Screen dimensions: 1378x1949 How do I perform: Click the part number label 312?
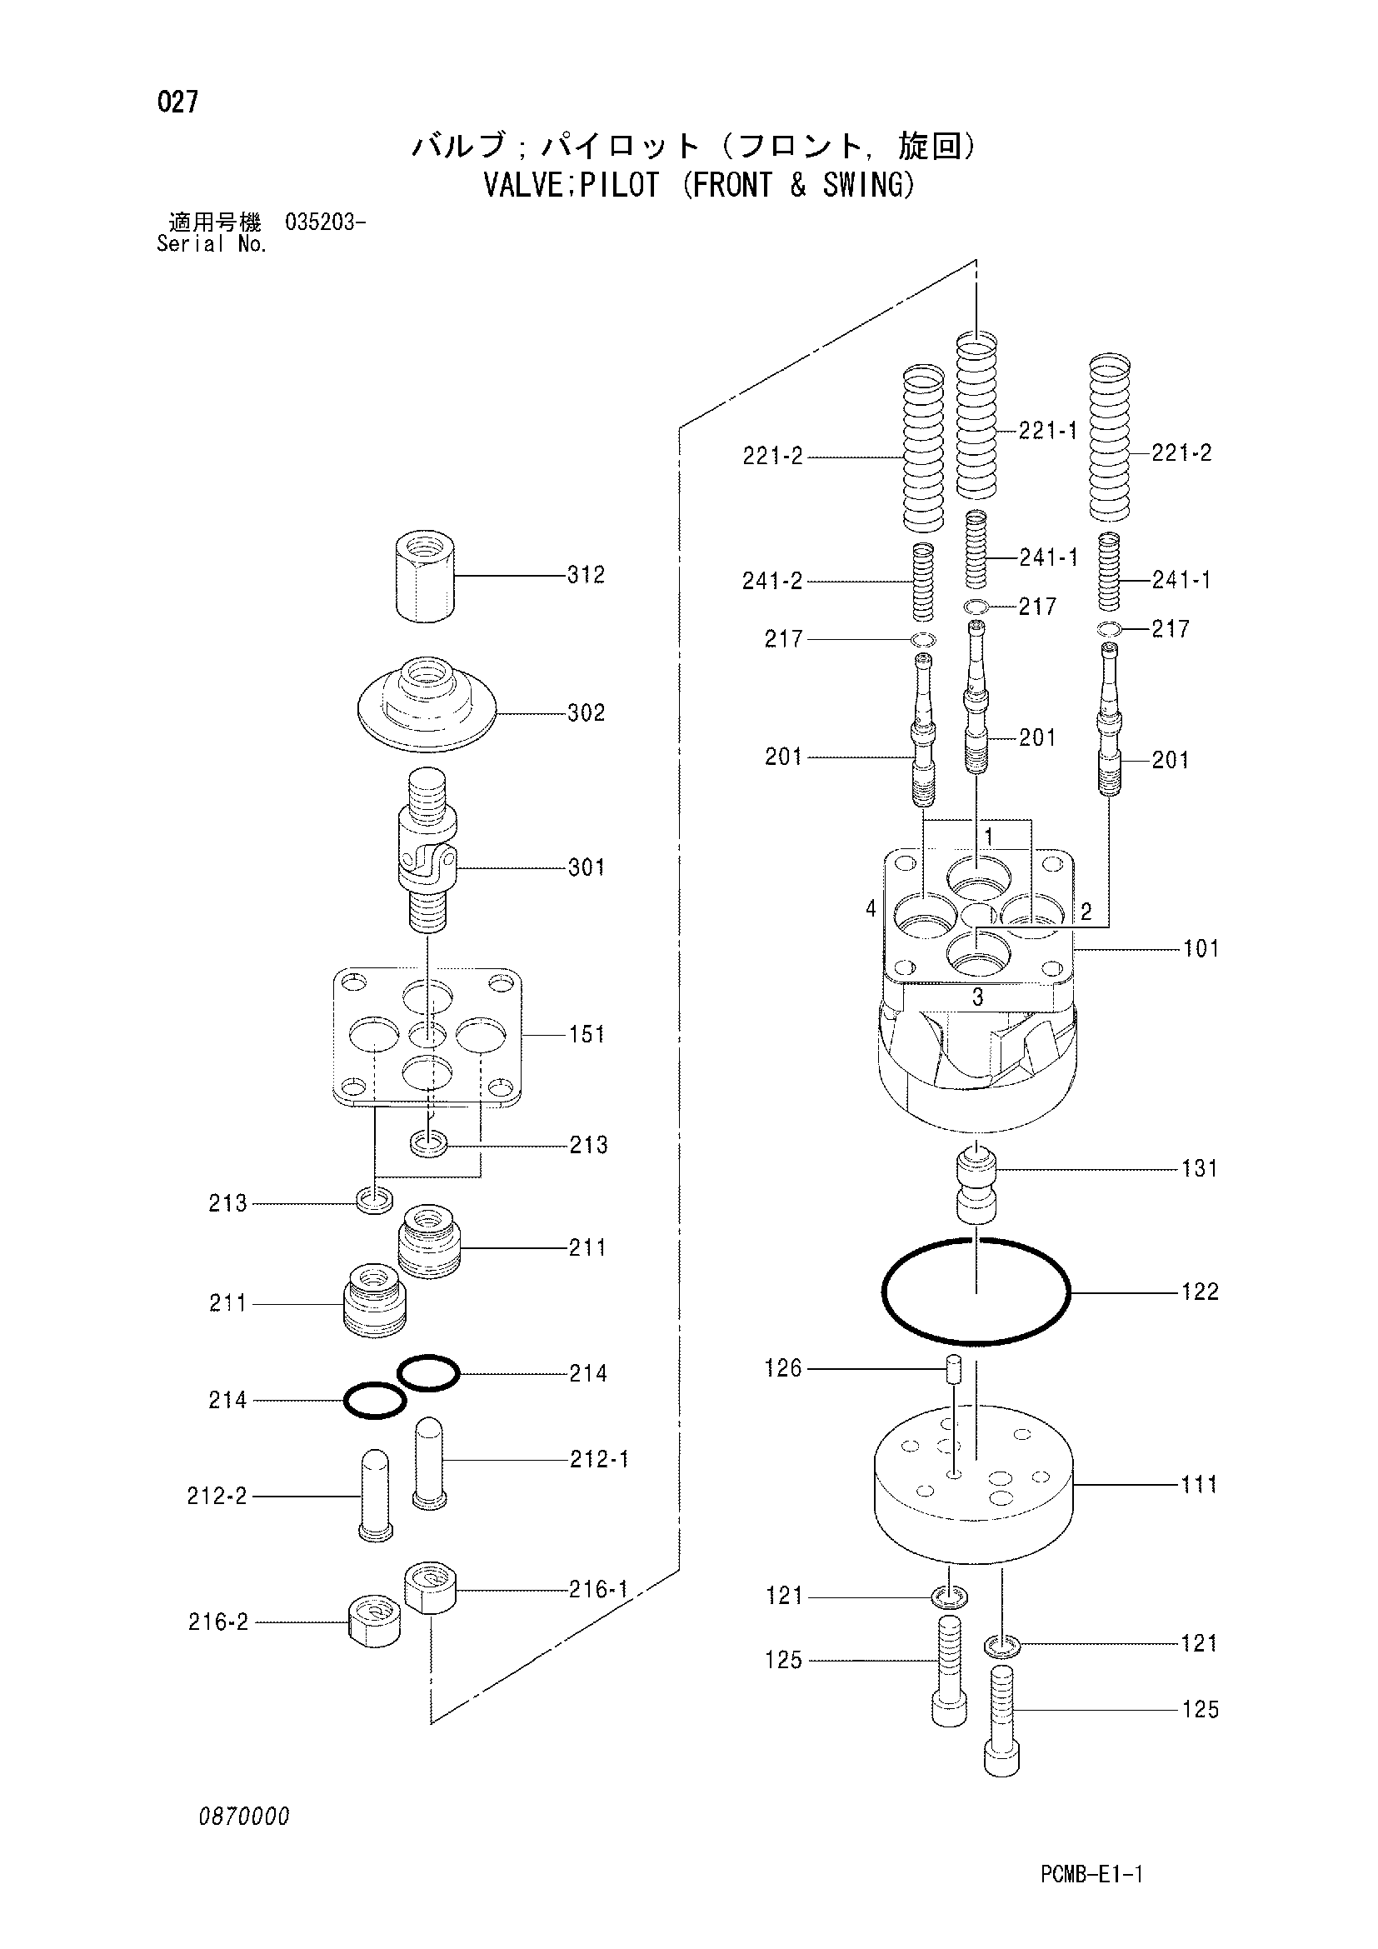coord(587,575)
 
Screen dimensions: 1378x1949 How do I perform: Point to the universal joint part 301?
coord(427,848)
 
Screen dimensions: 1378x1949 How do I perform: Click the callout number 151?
coord(587,1034)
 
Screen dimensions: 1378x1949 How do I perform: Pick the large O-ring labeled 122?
coord(976,1292)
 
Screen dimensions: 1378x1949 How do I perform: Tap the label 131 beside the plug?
coord(1200,1169)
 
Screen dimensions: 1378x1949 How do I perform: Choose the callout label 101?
coord(1201,948)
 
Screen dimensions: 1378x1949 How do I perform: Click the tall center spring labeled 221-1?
coord(976,416)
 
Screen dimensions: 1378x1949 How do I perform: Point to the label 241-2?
coord(772,581)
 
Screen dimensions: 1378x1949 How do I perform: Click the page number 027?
coord(178,102)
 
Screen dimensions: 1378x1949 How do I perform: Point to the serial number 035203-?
coord(327,224)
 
